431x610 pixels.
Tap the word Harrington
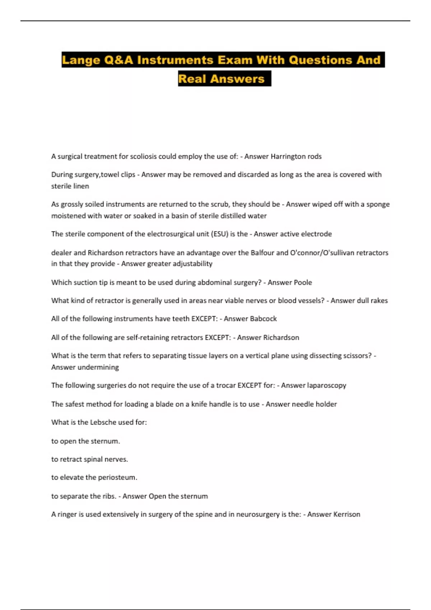coord(288,156)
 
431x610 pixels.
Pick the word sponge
coord(378,205)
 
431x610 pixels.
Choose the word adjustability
coord(192,264)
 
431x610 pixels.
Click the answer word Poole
coord(302,283)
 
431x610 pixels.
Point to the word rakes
coord(379,301)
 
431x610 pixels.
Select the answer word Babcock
coord(263,319)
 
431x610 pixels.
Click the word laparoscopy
coord(326,385)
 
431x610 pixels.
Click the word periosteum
coord(117,478)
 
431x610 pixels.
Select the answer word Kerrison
coord(347,515)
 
